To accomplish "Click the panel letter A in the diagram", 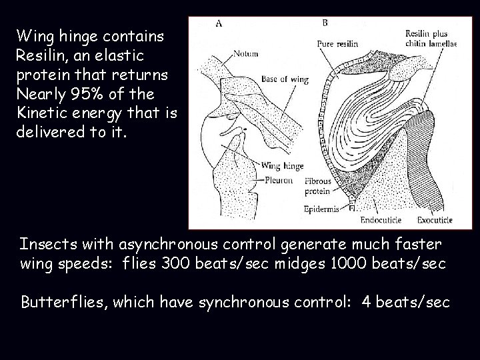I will pos(219,24).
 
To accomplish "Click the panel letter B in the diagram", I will pos(324,23).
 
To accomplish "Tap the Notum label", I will pos(246,54).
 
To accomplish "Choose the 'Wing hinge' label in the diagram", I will pos(282,166).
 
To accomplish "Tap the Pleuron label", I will pos(279,181).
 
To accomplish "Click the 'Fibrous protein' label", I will pos(317,186).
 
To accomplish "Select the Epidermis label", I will pos(321,209).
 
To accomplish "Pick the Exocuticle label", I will pos(435,219).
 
